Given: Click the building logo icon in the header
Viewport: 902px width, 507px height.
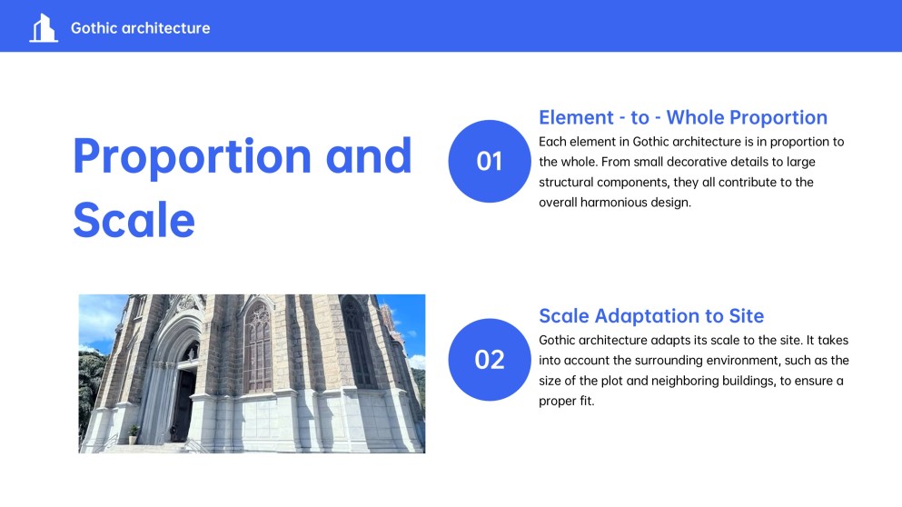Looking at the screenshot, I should pyautogui.click(x=42, y=28).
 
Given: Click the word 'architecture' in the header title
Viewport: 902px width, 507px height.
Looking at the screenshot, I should pyautogui.click(x=167, y=28).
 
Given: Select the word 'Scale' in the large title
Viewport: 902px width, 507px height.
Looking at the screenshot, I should pyautogui.click(x=134, y=219).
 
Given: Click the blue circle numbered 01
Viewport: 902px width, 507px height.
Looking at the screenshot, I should pyautogui.click(x=490, y=161).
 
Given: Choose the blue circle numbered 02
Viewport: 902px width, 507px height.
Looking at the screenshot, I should pyautogui.click(x=490, y=360).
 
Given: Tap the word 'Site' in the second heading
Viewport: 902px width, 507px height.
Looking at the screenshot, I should pyautogui.click(x=745, y=316).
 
